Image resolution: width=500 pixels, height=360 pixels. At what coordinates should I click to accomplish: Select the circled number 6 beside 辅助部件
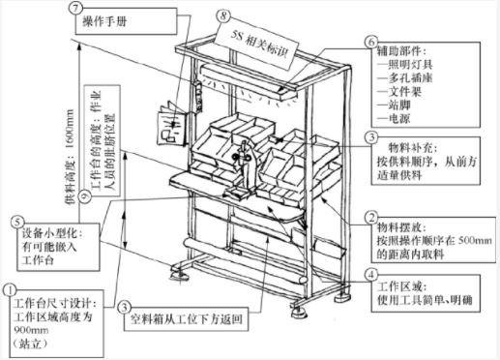pos(370,43)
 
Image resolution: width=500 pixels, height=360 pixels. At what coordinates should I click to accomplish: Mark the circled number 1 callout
pos(11,287)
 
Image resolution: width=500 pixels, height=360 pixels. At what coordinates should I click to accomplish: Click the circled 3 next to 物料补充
pos(370,138)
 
